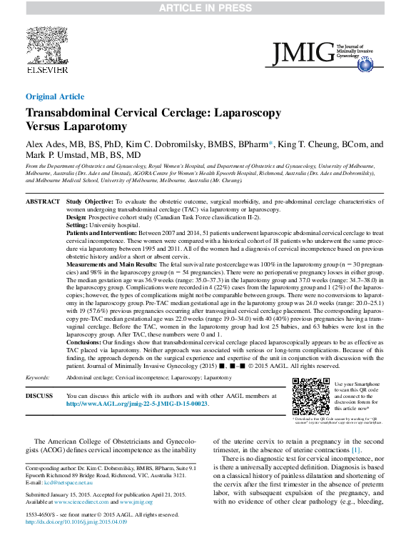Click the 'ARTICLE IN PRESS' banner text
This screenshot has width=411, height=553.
[x=205, y=8]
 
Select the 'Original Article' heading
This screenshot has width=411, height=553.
[x=54, y=96]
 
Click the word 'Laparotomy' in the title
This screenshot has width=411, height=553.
[x=95, y=126]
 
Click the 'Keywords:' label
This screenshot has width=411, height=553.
[x=38, y=377]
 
